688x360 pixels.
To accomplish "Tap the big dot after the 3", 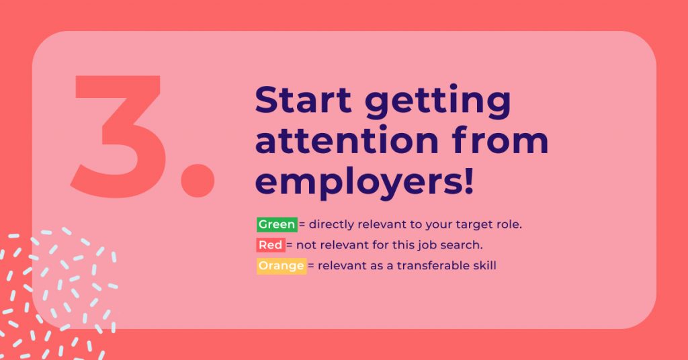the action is coord(198,180).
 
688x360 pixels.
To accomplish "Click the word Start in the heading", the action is coord(303,99).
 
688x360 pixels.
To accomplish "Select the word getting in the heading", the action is coord(437,102).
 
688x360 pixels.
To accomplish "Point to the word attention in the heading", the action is coord(347,140).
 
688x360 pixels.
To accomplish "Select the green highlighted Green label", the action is coord(277,224).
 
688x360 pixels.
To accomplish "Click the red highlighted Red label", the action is coord(271,244).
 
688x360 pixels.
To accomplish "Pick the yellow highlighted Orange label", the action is coord(282,266).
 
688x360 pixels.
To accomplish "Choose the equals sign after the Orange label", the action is coord(311,266).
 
